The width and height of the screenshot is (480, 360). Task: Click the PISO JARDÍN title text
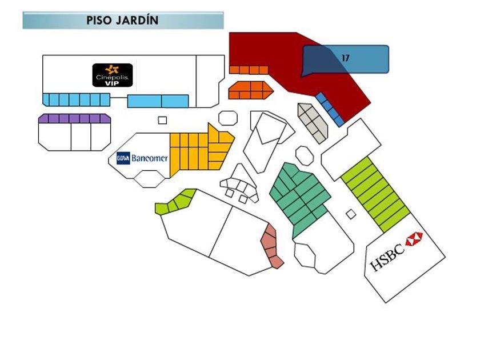pyautogui.click(x=122, y=21)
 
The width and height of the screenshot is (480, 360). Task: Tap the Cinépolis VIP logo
pyautogui.click(x=113, y=75)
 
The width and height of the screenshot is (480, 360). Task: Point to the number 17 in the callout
pyautogui.click(x=345, y=58)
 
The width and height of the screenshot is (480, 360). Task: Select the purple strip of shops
pyautogui.click(x=74, y=118)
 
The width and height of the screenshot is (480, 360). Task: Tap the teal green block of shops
pyautogui.click(x=299, y=197)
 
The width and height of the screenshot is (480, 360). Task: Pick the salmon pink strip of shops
pyautogui.click(x=271, y=247)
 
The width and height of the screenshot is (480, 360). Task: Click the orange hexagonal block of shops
pyautogui.click(x=249, y=90)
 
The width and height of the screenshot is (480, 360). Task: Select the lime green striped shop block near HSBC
pyautogui.click(x=375, y=193)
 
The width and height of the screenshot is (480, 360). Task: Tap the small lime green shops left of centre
pyautogui.click(x=177, y=201)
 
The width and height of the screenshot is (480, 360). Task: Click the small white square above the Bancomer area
pyautogui.click(x=162, y=120)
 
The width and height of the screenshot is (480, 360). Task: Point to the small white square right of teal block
pyautogui.click(x=351, y=214)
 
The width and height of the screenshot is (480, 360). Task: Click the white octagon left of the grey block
pyautogui.click(x=227, y=117)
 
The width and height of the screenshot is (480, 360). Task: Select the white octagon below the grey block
pyautogui.click(x=304, y=153)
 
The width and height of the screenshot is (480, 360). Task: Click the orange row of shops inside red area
pyautogui.click(x=249, y=70)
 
